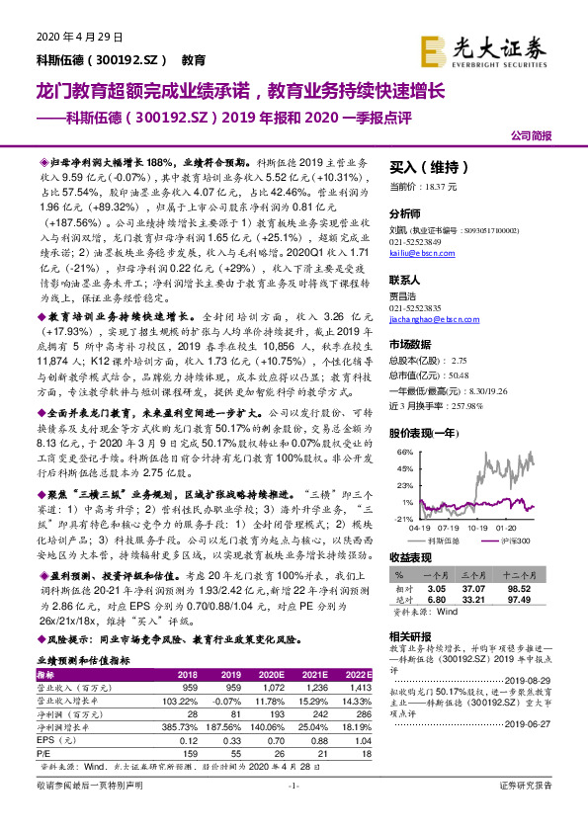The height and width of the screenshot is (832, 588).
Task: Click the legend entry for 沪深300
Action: point(511,540)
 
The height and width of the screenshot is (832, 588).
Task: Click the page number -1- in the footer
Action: point(293,812)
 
